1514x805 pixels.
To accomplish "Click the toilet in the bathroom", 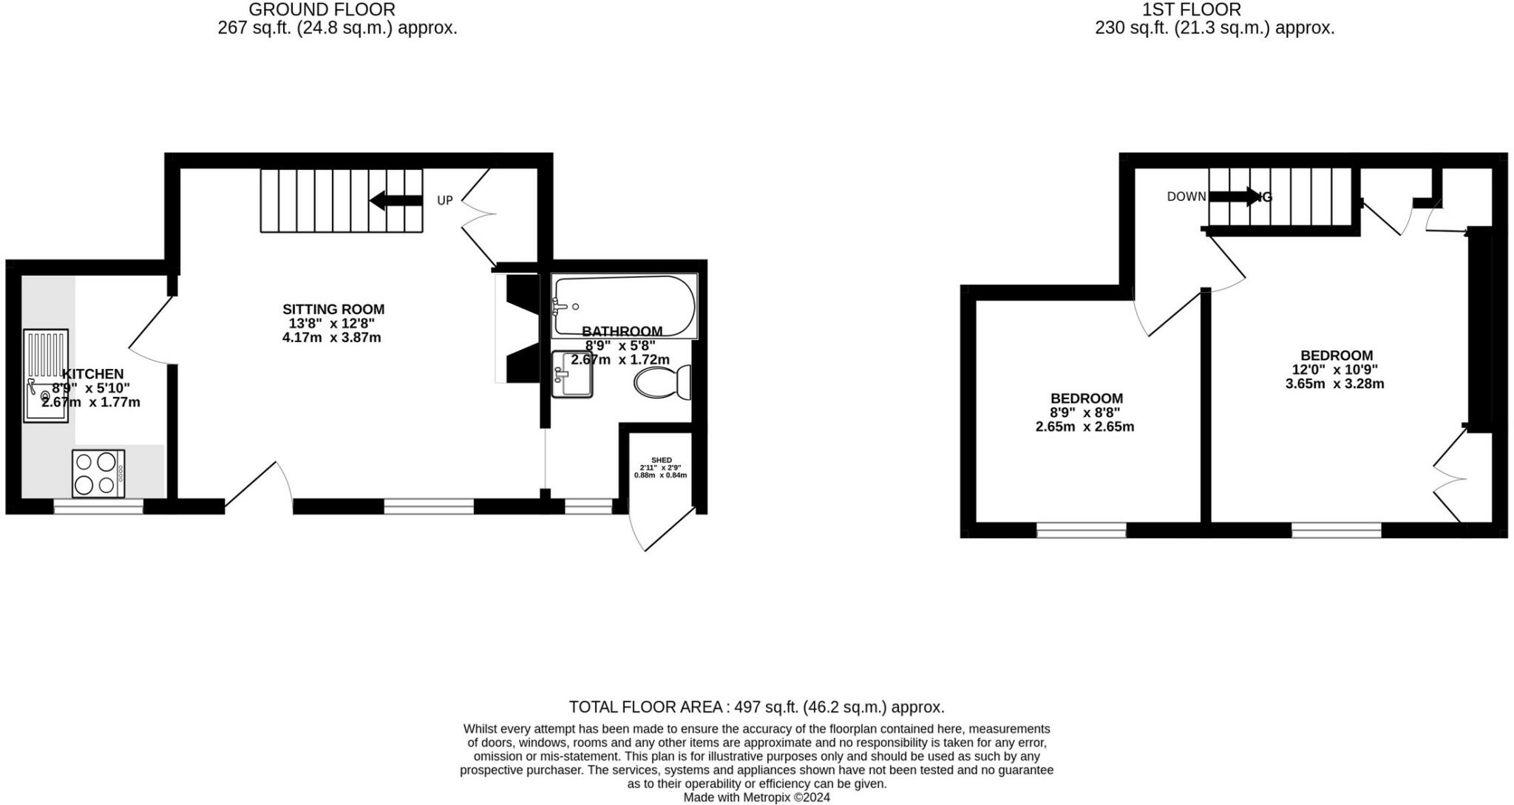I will click(662, 382).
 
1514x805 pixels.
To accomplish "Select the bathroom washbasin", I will click(572, 374).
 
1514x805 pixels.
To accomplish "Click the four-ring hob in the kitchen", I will click(98, 473).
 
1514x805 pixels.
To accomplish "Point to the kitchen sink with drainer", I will click(46, 376).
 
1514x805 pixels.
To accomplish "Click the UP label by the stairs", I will click(444, 200).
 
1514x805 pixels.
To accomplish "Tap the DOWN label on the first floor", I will click(1186, 197).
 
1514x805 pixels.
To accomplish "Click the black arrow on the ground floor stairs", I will click(396, 200).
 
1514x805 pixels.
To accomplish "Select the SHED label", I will click(661, 460).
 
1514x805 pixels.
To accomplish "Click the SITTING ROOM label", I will click(333, 309).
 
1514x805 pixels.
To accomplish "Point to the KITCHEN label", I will click(92, 374).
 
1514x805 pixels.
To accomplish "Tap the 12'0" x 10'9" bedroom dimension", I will click(1334, 370).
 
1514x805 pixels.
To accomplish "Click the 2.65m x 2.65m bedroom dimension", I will click(1084, 427).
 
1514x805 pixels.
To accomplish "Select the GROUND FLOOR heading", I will click(322, 10).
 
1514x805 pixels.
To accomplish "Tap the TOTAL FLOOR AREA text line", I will click(756, 707).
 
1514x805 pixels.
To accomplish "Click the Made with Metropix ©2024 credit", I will click(756, 798).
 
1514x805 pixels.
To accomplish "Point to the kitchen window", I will click(98, 506).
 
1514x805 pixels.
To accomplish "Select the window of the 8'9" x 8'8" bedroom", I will click(1081, 529).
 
